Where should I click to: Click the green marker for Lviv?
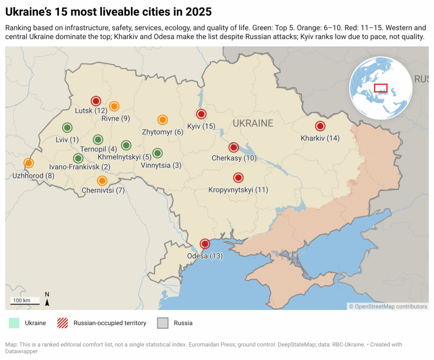click(x=67, y=127)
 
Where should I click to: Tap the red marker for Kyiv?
click(x=201, y=114)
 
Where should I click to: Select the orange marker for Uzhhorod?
click(x=28, y=163)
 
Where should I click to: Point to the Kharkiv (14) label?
click(x=320, y=138)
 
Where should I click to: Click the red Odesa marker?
click(x=205, y=244)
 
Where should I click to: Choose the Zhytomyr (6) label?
click(x=163, y=132)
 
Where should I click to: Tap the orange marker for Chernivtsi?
click(x=102, y=181)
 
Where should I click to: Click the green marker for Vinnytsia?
click(x=157, y=153)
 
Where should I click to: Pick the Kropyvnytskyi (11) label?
click(x=238, y=190)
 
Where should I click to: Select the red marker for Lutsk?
click(x=96, y=101)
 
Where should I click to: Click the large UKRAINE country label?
click(x=253, y=124)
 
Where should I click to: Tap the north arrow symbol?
click(x=47, y=300)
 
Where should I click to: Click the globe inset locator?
click(x=381, y=88)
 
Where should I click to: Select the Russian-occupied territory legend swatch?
click(x=62, y=323)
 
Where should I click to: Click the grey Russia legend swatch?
click(x=163, y=323)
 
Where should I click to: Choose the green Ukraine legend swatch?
click(x=14, y=323)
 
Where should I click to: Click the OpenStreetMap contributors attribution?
click(x=388, y=306)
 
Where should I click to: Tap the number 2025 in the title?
click(x=197, y=11)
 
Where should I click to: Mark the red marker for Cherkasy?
click(x=234, y=147)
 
